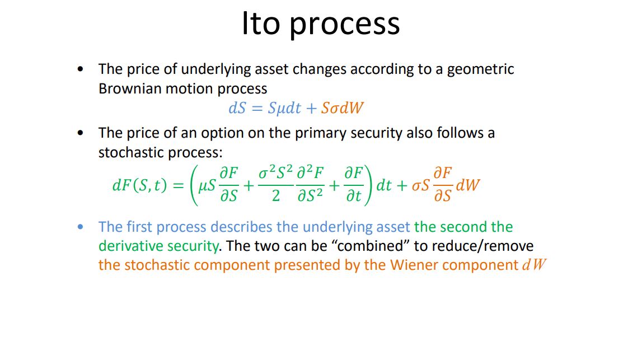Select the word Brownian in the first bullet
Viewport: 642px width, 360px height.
[x=130, y=89]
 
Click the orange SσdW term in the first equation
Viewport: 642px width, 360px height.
[x=342, y=109]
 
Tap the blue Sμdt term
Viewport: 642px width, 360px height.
[x=284, y=109]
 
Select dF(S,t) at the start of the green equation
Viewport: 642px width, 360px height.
[x=139, y=185]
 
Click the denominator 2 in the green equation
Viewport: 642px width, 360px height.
[x=275, y=198]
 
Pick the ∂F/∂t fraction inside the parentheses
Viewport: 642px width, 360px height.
[x=353, y=185]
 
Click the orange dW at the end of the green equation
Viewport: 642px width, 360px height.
[x=468, y=185]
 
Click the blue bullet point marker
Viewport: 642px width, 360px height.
[x=82, y=227]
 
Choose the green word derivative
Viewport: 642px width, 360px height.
[x=126, y=246]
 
